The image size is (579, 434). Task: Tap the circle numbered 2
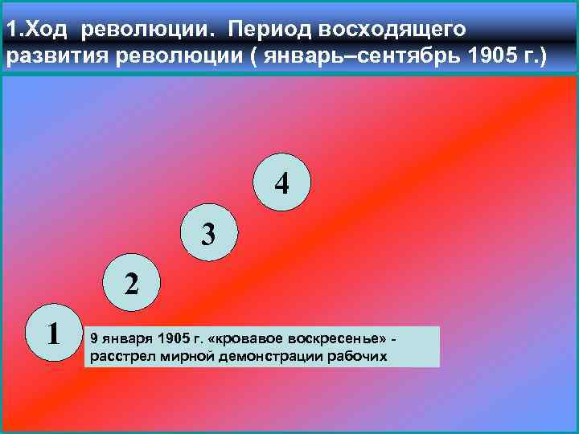click(130, 283)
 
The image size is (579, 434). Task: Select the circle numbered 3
click(208, 235)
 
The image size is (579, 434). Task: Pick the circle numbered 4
click(281, 184)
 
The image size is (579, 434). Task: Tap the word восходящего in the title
click(392, 29)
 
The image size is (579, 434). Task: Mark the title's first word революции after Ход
click(148, 29)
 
